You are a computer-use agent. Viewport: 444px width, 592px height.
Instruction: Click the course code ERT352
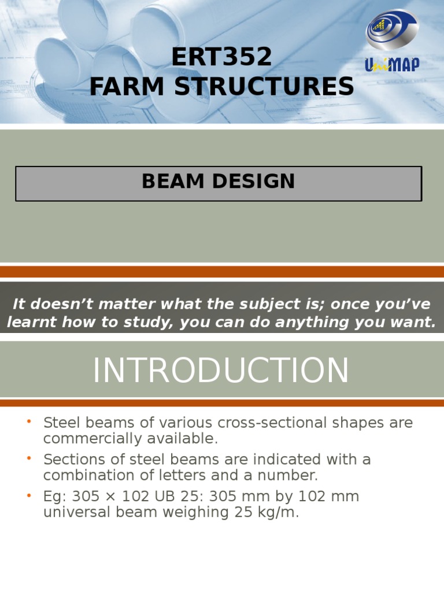(222, 57)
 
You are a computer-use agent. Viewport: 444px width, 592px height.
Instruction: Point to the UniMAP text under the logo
(392, 64)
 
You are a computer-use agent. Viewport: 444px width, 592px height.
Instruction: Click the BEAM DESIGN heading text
(219, 182)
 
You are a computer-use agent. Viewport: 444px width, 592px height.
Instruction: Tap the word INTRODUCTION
(221, 371)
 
